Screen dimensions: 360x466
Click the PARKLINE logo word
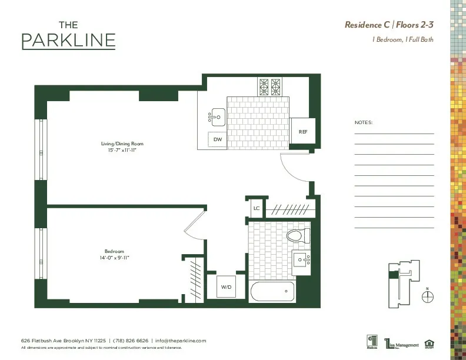[x=68, y=41]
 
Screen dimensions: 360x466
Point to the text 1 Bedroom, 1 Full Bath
[x=402, y=39]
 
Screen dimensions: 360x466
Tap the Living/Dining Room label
[x=122, y=144]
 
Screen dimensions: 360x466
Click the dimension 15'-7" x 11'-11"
[x=122, y=150]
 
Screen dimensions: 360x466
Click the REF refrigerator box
[x=303, y=132]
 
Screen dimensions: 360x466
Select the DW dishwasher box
[x=218, y=139]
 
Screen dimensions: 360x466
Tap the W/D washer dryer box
[x=226, y=287]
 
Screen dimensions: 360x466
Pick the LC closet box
[x=257, y=208]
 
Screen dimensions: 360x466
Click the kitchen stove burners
[x=270, y=87]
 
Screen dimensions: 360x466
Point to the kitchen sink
[x=217, y=116]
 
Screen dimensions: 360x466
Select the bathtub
[x=272, y=291]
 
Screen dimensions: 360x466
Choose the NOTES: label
[x=364, y=123]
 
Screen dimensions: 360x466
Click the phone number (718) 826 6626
[x=130, y=341]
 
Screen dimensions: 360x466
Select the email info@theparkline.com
[x=181, y=341]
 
